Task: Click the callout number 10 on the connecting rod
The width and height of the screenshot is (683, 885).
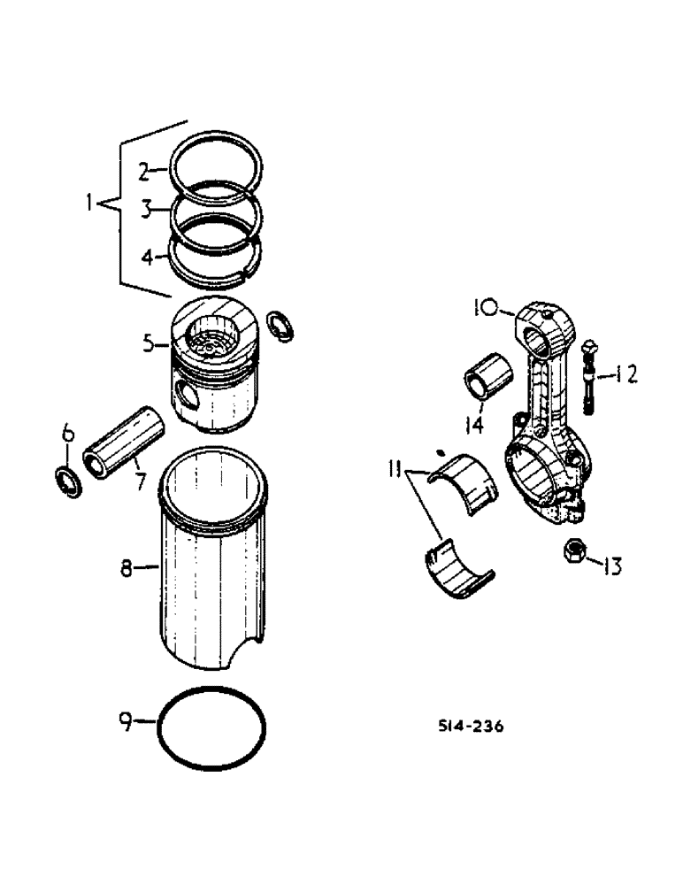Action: coord(485,309)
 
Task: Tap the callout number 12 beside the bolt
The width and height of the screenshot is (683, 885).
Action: coord(625,375)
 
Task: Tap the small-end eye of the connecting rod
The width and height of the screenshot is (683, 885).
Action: coord(538,332)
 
